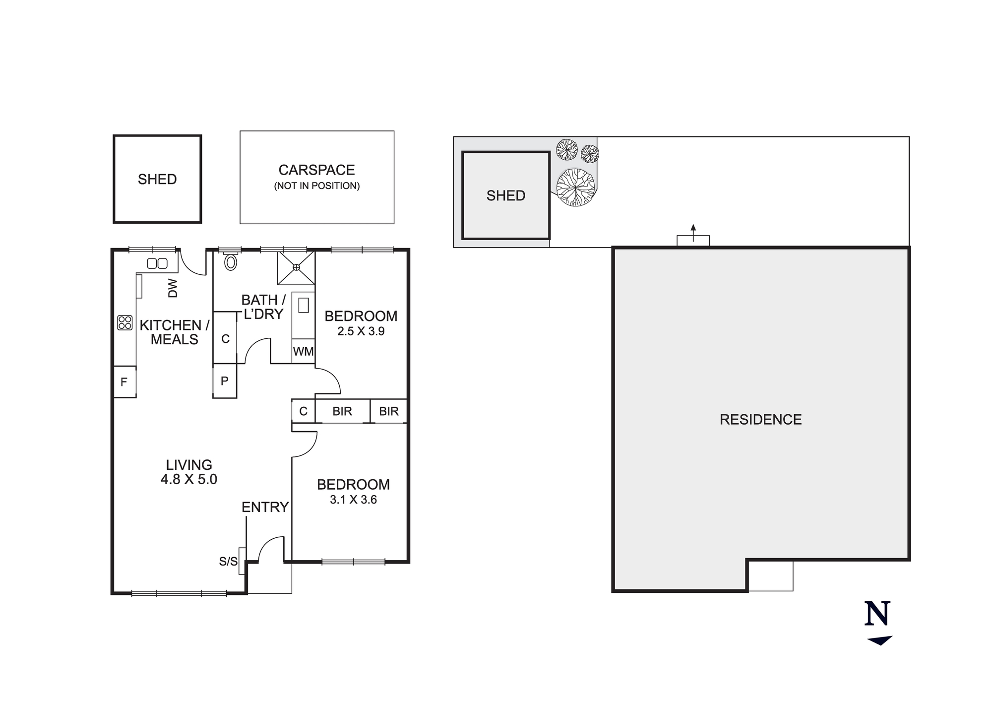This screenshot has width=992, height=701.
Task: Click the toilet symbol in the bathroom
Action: (231, 261)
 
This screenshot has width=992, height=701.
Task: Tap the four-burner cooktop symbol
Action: (125, 323)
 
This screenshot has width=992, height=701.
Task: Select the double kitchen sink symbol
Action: (157, 264)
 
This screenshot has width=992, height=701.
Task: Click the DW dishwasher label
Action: (173, 288)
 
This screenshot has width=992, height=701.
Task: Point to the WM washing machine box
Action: (303, 352)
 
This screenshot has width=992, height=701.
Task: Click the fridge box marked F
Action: (124, 382)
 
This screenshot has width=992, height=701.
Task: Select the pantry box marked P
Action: (225, 381)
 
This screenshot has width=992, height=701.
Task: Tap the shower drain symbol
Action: (296, 267)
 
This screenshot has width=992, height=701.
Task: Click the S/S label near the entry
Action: (228, 562)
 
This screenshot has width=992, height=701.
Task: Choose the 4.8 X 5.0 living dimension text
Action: (189, 480)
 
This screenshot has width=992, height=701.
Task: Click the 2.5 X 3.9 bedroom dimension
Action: (361, 331)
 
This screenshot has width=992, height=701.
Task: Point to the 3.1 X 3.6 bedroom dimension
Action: (353, 500)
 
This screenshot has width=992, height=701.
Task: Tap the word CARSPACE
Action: (316, 170)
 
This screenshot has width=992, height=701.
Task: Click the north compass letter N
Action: (877, 614)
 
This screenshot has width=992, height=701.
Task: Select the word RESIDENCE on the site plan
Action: (760, 420)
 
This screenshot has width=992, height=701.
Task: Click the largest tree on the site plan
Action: (575, 187)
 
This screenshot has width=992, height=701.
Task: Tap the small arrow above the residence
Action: (693, 230)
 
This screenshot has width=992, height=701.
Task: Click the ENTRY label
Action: (265, 507)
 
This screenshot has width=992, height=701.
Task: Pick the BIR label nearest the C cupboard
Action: (342, 411)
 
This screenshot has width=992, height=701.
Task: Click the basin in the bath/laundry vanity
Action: (304, 305)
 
